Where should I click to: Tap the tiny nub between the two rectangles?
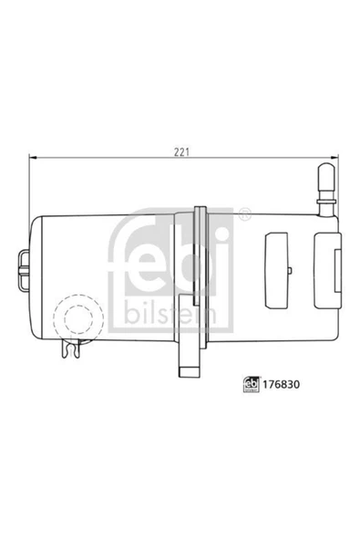[292, 272]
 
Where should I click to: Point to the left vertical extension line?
[31, 187]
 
